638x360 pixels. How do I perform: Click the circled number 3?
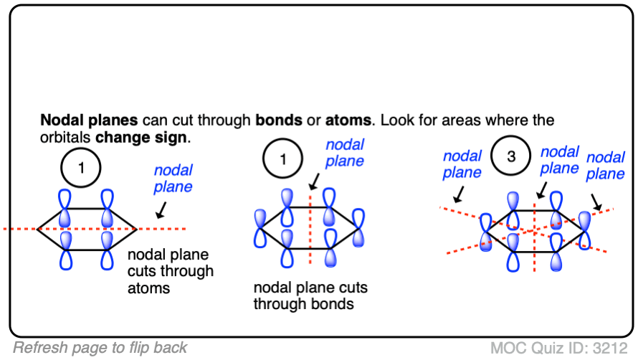(511, 157)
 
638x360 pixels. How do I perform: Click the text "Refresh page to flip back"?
(100, 348)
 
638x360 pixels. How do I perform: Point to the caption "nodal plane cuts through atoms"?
(170, 272)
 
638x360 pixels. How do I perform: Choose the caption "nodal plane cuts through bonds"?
(310, 295)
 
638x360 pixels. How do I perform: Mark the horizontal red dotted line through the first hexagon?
(22, 229)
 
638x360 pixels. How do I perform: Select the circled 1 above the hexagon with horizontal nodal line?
(81, 169)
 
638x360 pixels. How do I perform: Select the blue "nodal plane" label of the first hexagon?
(173, 179)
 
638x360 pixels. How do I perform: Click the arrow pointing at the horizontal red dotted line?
(161, 209)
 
